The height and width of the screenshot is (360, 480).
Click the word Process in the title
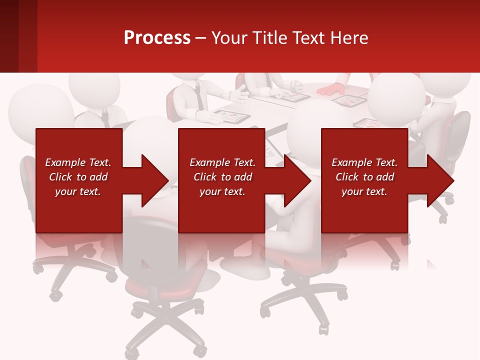(157, 38)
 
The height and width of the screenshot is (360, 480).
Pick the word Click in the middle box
(204, 177)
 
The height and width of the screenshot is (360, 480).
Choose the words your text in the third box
(364, 191)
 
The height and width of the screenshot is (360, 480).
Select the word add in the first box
(98, 177)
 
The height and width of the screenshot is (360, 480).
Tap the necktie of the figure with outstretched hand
(199, 97)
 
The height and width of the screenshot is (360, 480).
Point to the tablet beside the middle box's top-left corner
(230, 118)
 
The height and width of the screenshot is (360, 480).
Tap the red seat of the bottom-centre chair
(150, 285)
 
